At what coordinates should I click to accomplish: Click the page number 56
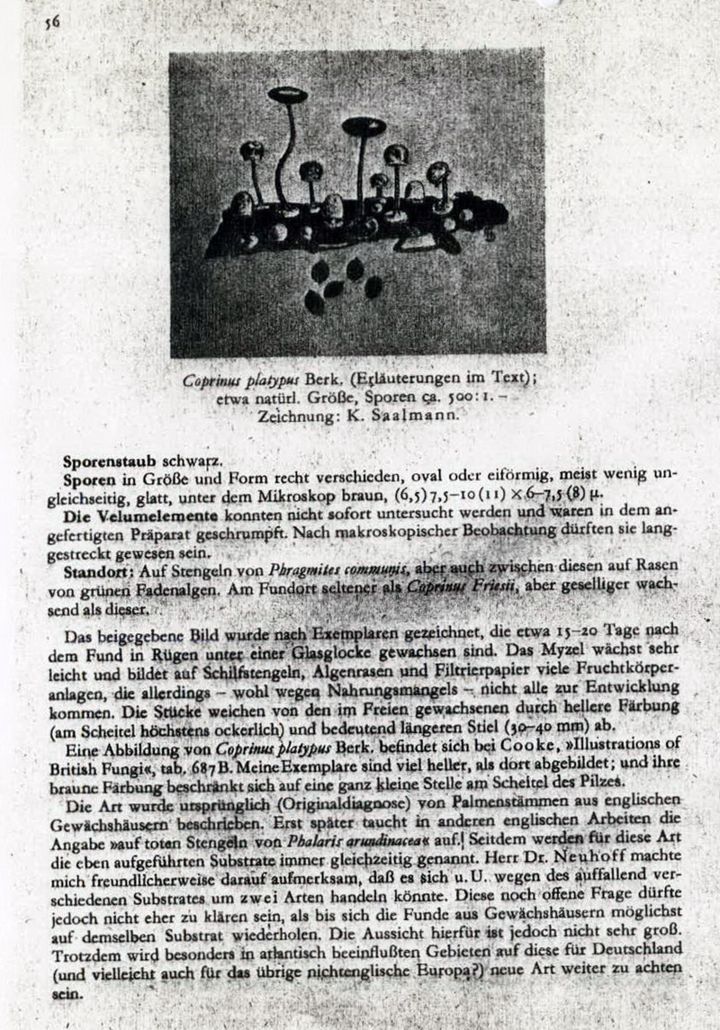point(51,23)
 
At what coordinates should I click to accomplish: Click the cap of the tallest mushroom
point(287,94)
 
